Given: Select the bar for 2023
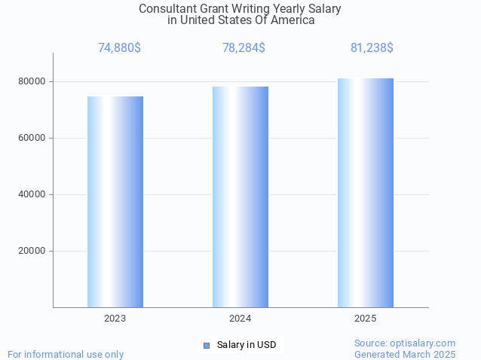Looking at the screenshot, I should coord(115,202).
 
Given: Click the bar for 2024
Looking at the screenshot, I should coord(240,197).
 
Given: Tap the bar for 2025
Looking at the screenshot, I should coord(366,193).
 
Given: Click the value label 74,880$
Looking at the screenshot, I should coord(119,48).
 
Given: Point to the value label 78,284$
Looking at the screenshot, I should coord(244,48).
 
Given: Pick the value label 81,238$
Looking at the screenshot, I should coord(372,48).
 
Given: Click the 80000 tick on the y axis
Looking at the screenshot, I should coord(32,81).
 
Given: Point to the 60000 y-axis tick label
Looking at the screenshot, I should coord(32,138).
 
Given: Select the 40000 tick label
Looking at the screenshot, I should coord(32,194).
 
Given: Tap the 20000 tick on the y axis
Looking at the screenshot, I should coord(32,251).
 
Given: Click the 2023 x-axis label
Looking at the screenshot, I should coord(115,319).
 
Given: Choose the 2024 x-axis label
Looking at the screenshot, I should coord(240,319).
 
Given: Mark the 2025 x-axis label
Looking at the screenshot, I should coord(366,319).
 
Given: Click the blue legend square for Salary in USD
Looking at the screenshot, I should coord(206,345).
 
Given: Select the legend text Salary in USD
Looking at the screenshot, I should coord(247,345).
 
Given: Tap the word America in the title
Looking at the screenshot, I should coord(293,20).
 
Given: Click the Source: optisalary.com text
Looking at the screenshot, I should coord(405,343).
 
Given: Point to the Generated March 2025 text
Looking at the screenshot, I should coord(405,354).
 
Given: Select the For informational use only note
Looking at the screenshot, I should coord(66,354).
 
